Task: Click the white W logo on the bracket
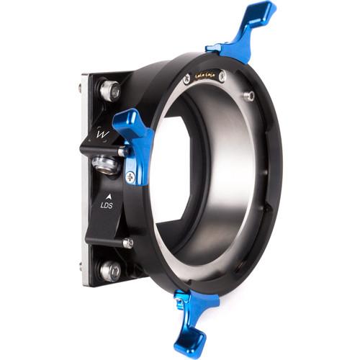(x=102, y=133)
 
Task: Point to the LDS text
(x=105, y=204)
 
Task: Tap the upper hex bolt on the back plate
(x=109, y=90)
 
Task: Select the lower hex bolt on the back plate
(x=110, y=270)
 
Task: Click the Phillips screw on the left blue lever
(x=130, y=176)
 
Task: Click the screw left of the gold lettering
(x=186, y=80)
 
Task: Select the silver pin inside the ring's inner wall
(x=249, y=94)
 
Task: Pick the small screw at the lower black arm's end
(x=127, y=243)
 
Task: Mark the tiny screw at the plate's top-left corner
(x=80, y=89)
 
